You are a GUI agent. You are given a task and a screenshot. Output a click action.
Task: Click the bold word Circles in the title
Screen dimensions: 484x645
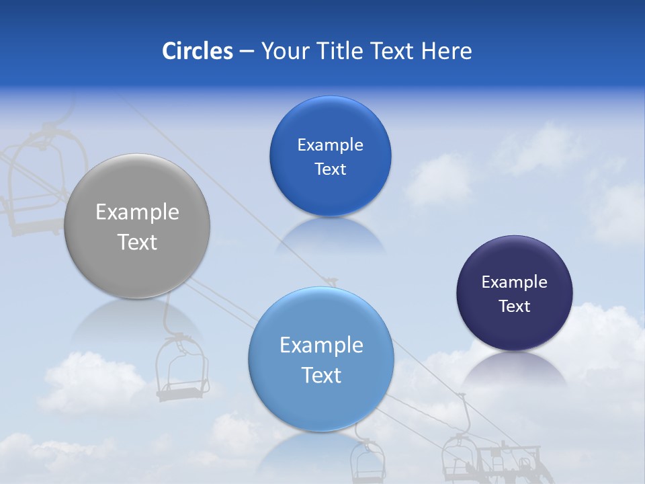point(198,51)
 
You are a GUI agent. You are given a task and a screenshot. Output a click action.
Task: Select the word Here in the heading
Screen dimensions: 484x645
point(446,51)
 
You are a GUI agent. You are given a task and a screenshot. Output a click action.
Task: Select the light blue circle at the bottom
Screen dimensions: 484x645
point(321,403)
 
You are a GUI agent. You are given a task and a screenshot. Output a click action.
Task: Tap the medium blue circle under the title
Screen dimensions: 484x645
point(330,195)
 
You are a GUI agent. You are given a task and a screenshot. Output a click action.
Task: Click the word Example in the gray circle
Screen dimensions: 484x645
point(137,212)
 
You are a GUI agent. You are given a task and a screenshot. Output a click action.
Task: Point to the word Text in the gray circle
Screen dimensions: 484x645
point(137,242)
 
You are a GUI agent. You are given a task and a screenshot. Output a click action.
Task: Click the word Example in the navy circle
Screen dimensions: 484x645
point(514,282)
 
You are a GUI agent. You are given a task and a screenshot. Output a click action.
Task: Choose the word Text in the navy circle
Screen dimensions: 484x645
point(514,307)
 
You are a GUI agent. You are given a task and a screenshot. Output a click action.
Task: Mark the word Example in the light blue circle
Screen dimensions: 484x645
point(321,346)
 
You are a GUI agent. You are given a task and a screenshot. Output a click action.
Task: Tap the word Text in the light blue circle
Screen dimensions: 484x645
point(321,375)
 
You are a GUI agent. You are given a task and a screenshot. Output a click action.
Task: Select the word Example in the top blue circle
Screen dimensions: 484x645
point(330,145)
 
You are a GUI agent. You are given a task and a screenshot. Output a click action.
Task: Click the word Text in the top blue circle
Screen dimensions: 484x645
point(330,169)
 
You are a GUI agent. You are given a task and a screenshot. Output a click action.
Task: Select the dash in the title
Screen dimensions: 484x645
point(247,52)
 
